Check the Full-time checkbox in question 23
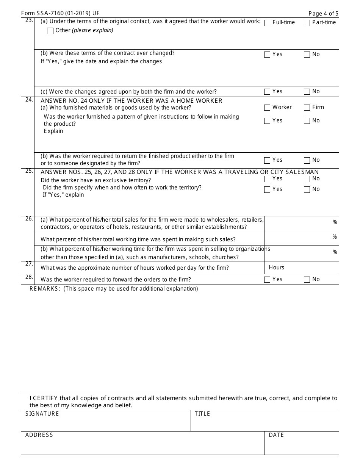tap(267, 23)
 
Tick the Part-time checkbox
tap(307, 23)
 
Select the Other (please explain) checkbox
tap(50, 31)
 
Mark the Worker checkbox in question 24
tap(267, 108)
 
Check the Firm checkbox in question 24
tap(307, 108)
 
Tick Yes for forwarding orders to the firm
tap(267, 280)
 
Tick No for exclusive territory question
tap(307, 179)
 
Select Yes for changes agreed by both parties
tap(267, 92)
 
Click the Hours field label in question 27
tap(276, 267)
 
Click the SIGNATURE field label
tap(42, 414)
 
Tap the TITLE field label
tap(202, 414)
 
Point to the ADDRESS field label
tap(39, 435)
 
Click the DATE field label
tap(276, 435)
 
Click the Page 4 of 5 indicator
tap(323, 14)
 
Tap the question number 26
tap(29, 219)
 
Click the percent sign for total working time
tap(335, 237)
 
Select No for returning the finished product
tap(307, 160)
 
